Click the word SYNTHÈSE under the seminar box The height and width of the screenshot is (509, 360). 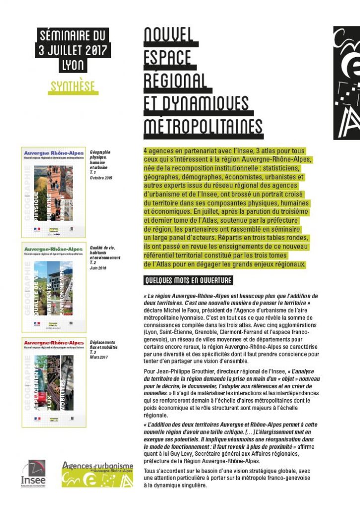74,86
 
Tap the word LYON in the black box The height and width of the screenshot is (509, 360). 74,65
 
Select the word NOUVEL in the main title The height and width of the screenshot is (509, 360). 169,36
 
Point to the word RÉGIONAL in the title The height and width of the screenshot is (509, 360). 175,81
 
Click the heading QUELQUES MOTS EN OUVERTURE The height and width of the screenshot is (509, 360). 188,281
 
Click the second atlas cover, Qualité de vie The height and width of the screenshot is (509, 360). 46,287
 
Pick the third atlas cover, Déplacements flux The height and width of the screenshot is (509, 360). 46,382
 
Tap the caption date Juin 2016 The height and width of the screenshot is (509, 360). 98,267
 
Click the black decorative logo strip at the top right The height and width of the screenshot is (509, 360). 347,83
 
